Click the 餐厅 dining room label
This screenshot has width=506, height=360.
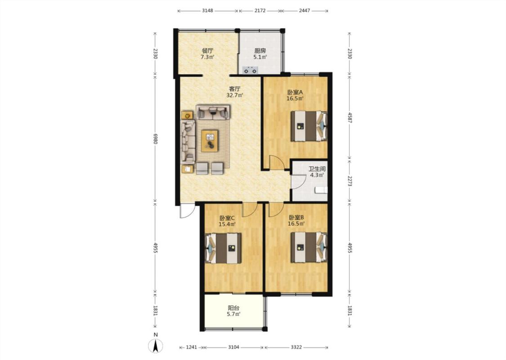click(x=207, y=51)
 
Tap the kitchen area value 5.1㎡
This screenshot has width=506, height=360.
click(x=260, y=57)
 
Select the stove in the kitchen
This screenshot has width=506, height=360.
click(x=251, y=70)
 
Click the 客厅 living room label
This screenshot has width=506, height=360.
click(x=235, y=89)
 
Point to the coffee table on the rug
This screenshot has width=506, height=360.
click(x=210, y=140)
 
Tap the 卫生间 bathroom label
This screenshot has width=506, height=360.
click(x=317, y=169)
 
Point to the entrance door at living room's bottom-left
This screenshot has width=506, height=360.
click(x=187, y=211)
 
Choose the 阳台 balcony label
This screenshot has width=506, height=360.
click(x=233, y=308)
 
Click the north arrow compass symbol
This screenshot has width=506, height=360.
click(x=155, y=346)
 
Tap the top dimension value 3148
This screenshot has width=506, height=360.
click(x=207, y=10)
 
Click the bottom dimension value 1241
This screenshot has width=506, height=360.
click(x=192, y=347)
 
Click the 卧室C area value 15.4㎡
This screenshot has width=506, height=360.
click(x=227, y=224)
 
